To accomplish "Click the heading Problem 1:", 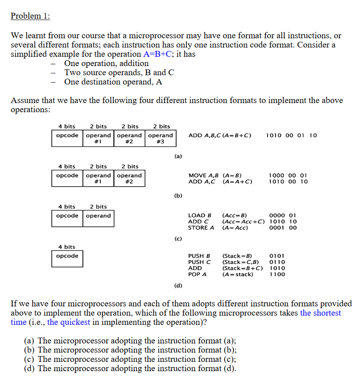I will [30, 16].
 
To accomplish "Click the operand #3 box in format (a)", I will [160, 138].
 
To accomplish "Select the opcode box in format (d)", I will [67, 259].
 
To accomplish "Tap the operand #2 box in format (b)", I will [129, 179].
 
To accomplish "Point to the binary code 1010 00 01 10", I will [291, 135].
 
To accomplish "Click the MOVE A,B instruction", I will [203, 176].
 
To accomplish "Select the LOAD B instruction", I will [199, 215].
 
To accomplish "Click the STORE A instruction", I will [201, 228].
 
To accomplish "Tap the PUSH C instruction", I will [199, 262].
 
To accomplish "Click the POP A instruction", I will [197, 274].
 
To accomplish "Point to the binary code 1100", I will [277, 274].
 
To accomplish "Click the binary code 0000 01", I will [283, 215].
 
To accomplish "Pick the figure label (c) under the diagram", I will [178, 239].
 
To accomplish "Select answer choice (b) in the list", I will [130, 350].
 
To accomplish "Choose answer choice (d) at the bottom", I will [130, 368].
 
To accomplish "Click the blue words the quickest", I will [68, 322].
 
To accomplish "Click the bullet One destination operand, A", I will [113, 82].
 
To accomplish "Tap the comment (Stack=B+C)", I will [242, 268].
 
